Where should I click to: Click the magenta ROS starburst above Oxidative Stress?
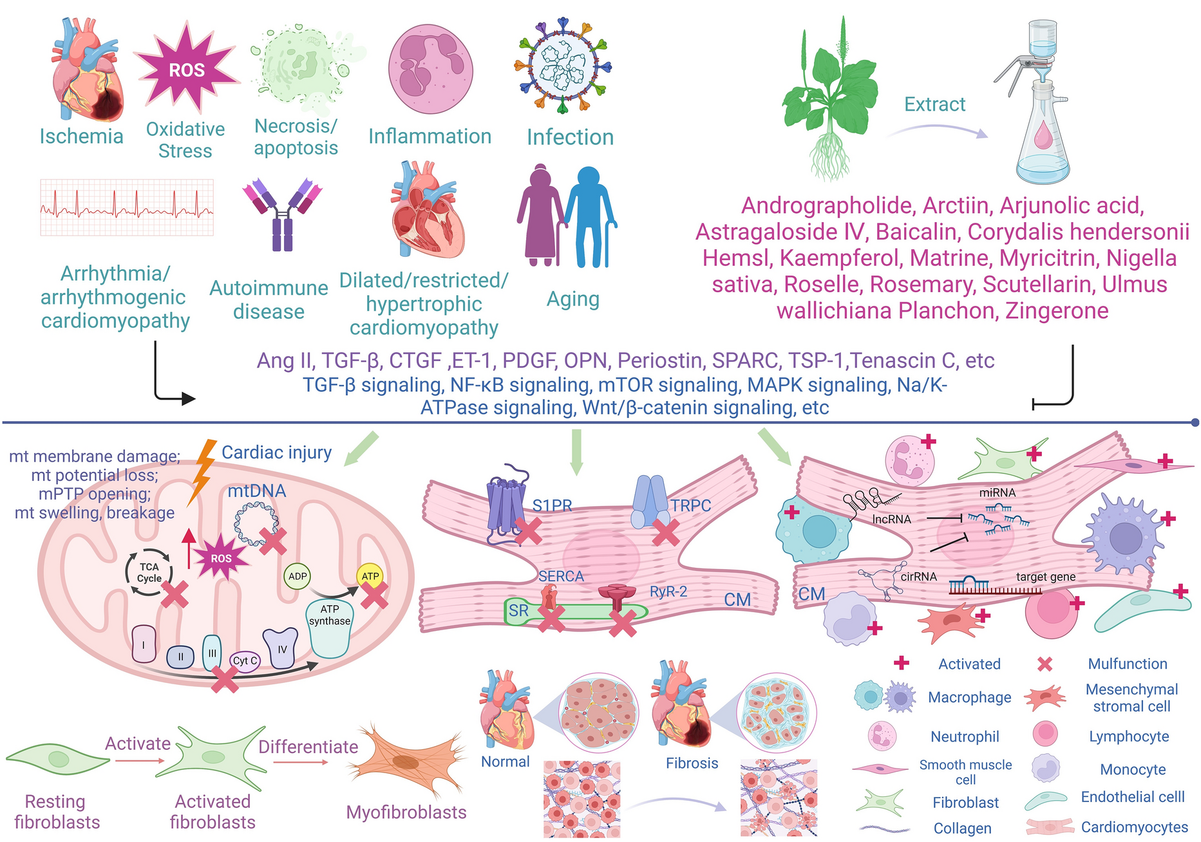pyautogui.click(x=186, y=70)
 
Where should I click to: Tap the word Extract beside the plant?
pyautogui.click(x=934, y=104)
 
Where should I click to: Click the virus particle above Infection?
pyautogui.click(x=563, y=66)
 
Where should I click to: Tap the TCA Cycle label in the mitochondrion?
pyautogui.click(x=149, y=572)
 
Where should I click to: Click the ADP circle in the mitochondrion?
pyautogui.click(x=298, y=576)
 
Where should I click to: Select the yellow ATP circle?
pyautogui.click(x=370, y=576)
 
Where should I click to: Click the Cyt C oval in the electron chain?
pyautogui.click(x=245, y=660)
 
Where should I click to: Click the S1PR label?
pyautogui.click(x=553, y=506)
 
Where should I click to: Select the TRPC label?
pyautogui.click(x=690, y=506)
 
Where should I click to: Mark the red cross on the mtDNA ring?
pyautogui.click(x=273, y=541)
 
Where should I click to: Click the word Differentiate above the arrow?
pyautogui.click(x=308, y=747)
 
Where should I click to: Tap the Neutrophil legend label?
pyautogui.click(x=965, y=736)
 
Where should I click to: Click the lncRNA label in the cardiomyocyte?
pyautogui.click(x=891, y=519)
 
